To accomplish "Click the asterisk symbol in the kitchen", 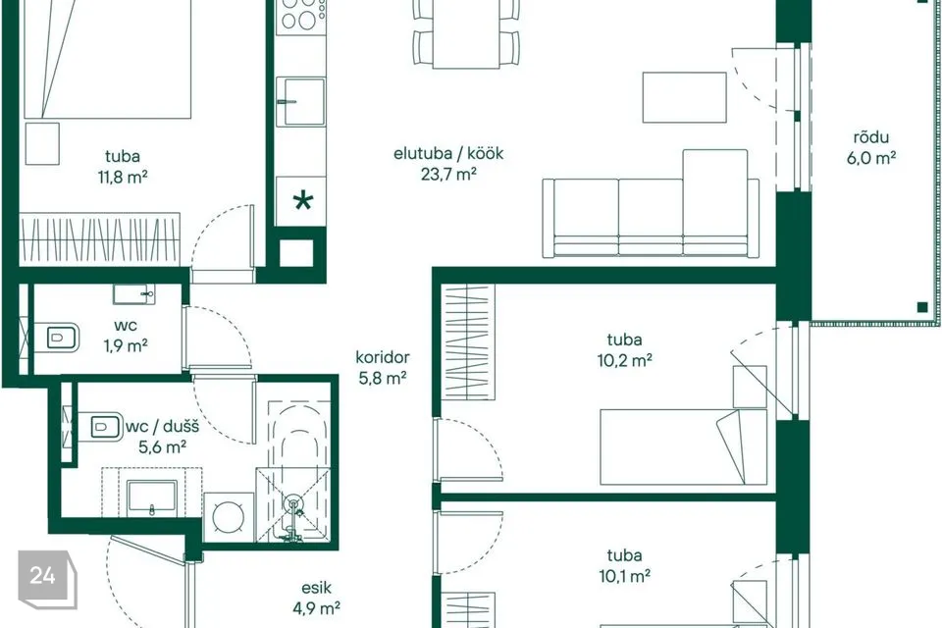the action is tap(303, 201).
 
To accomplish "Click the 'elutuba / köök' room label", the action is tap(448, 153).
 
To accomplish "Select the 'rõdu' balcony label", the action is tap(871, 137).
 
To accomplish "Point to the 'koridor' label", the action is tap(383, 357).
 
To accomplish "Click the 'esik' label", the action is tap(317, 588).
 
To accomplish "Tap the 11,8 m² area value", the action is tap(123, 177).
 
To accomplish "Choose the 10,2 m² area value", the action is tap(625, 360).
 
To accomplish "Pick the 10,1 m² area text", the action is tap(625, 576).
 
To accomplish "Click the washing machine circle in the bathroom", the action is tap(230, 516).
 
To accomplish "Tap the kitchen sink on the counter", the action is tap(301, 101).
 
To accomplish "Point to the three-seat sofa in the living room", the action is tap(651, 204).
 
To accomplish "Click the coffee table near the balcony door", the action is tap(684, 97).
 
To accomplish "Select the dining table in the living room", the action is tap(466, 34).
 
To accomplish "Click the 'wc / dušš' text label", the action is tap(162, 427).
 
